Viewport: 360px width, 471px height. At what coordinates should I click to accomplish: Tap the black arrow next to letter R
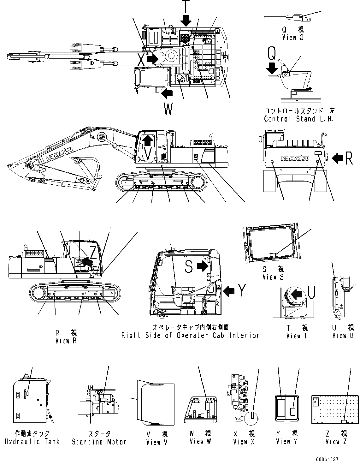click(338, 158)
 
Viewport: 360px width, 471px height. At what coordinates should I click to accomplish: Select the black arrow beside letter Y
click(228, 291)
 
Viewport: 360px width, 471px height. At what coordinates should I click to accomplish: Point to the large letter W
click(168, 109)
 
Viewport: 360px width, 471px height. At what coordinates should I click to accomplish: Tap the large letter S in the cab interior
click(188, 266)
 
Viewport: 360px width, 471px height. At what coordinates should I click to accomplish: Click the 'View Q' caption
click(293, 38)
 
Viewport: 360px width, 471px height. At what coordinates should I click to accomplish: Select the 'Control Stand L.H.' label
click(298, 119)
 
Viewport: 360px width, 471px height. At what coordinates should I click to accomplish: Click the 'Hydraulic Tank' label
click(32, 442)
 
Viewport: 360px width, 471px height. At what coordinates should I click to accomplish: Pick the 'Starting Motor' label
click(99, 442)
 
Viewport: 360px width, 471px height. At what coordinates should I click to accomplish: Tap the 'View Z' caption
click(336, 442)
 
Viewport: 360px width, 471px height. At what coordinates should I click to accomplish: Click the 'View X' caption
click(244, 442)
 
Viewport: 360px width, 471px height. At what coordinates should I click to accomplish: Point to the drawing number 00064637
click(326, 460)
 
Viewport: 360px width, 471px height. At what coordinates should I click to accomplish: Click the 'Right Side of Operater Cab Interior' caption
click(190, 335)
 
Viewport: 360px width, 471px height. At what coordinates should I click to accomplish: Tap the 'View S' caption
click(273, 277)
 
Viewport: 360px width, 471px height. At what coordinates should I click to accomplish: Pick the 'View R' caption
click(66, 341)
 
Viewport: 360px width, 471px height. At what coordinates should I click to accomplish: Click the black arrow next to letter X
click(153, 59)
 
